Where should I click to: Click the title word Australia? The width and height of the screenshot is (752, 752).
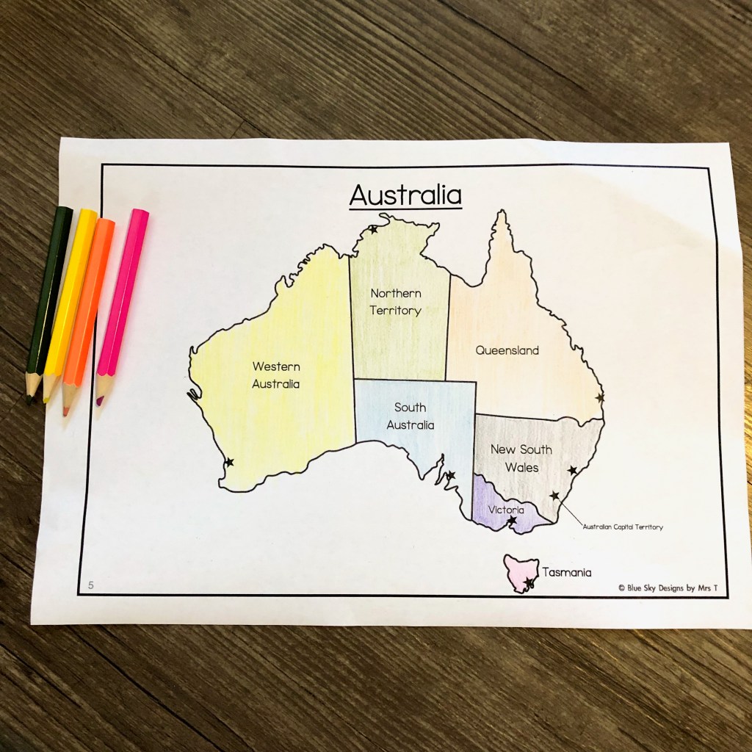coord(405,195)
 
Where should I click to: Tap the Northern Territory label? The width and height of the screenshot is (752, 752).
coord(395,302)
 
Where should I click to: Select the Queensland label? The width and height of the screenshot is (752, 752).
coord(507,350)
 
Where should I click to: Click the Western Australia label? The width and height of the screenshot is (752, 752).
coord(275,375)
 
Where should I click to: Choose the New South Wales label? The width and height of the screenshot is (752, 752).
coord(521,458)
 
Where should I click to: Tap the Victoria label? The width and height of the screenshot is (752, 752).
coord(505,510)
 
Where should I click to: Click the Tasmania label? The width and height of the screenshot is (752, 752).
coord(567,572)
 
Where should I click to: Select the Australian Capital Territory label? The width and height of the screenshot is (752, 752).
coord(622,527)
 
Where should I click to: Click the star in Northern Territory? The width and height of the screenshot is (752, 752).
coord(373,230)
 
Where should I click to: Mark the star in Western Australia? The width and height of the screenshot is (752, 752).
coord(229,462)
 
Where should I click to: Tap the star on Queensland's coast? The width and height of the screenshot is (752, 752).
coord(600,397)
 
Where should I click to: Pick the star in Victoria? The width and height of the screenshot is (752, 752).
coord(513,521)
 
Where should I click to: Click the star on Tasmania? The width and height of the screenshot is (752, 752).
coord(529,583)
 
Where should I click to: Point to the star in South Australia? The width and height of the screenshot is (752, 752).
coord(450,475)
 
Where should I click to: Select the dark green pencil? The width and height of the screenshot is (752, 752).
coord(48,301)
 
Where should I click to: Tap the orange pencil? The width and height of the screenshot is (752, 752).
coord(88,312)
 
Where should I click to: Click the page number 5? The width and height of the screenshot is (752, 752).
coord(91,585)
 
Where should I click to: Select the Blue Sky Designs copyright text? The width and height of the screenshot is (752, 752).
coord(668,587)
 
